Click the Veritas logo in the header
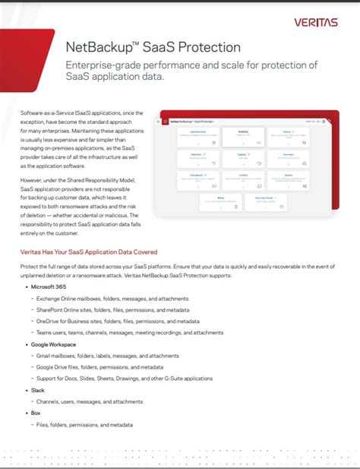[x=316, y=22]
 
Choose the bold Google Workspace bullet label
[x=54, y=344]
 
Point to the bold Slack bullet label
[x=38, y=390]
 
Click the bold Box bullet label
[x=36, y=413]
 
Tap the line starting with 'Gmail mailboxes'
[x=107, y=356]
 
